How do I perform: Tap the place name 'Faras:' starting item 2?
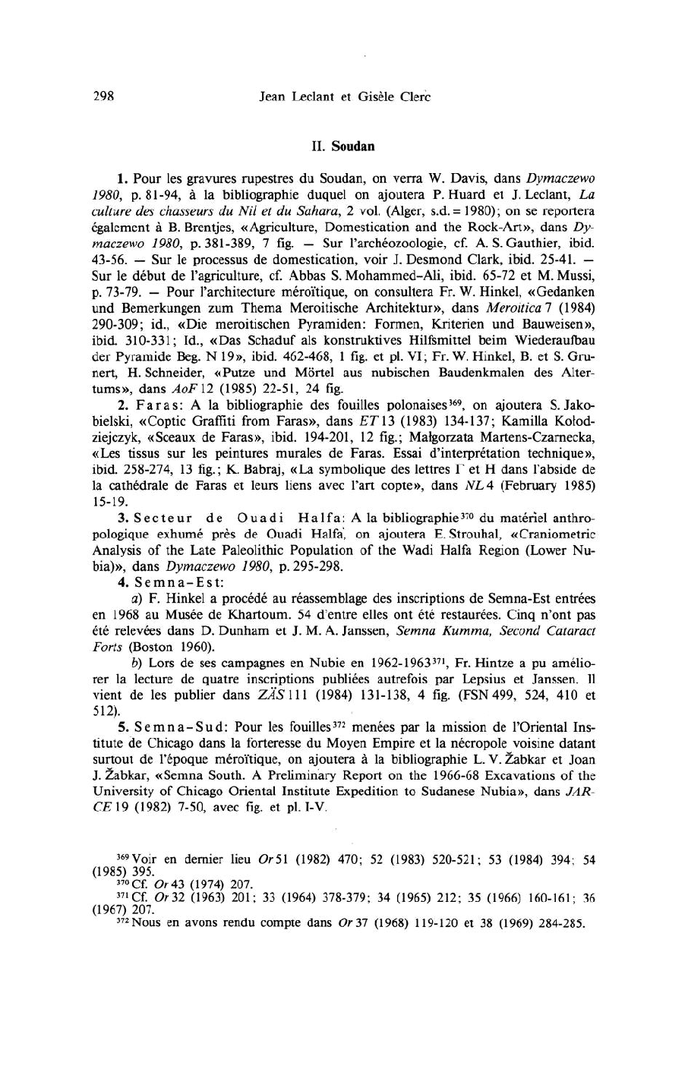point(158,404)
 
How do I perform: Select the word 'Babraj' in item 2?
point(204,468)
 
